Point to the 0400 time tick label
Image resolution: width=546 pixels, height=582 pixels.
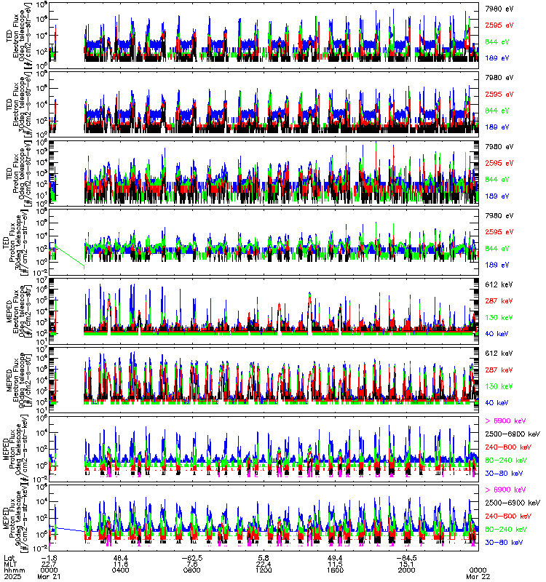[x=121, y=569]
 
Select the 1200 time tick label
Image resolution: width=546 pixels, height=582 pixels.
[x=264, y=569]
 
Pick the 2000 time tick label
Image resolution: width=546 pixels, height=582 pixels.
[x=407, y=569]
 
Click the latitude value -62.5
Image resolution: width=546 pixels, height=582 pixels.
[x=191, y=556]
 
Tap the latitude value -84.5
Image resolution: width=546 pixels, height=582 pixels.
[x=407, y=556]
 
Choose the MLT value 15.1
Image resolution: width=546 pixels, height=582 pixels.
[x=407, y=562]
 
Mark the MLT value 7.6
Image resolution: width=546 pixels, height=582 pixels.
[x=191, y=562]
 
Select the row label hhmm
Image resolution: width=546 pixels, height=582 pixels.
[x=12, y=569]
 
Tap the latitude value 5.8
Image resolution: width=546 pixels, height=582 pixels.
[x=264, y=556]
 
